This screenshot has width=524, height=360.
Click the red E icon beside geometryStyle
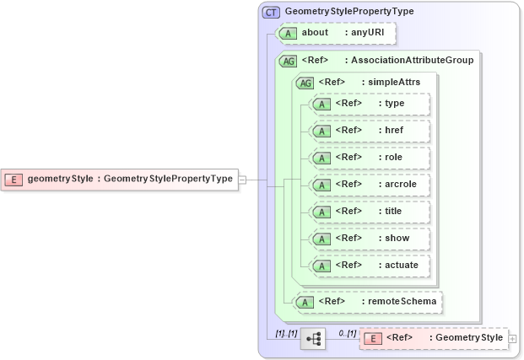pos(14,179)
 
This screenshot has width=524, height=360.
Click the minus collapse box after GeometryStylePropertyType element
pos(242,179)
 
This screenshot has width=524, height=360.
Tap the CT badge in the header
pos(271,12)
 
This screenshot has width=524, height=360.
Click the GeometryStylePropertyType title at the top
pos(349,12)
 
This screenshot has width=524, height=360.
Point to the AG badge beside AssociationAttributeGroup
pos(289,61)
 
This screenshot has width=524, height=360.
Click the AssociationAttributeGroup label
pos(412,61)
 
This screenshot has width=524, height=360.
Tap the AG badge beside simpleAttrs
pos(305,82)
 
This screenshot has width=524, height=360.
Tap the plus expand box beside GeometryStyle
pos(513,339)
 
